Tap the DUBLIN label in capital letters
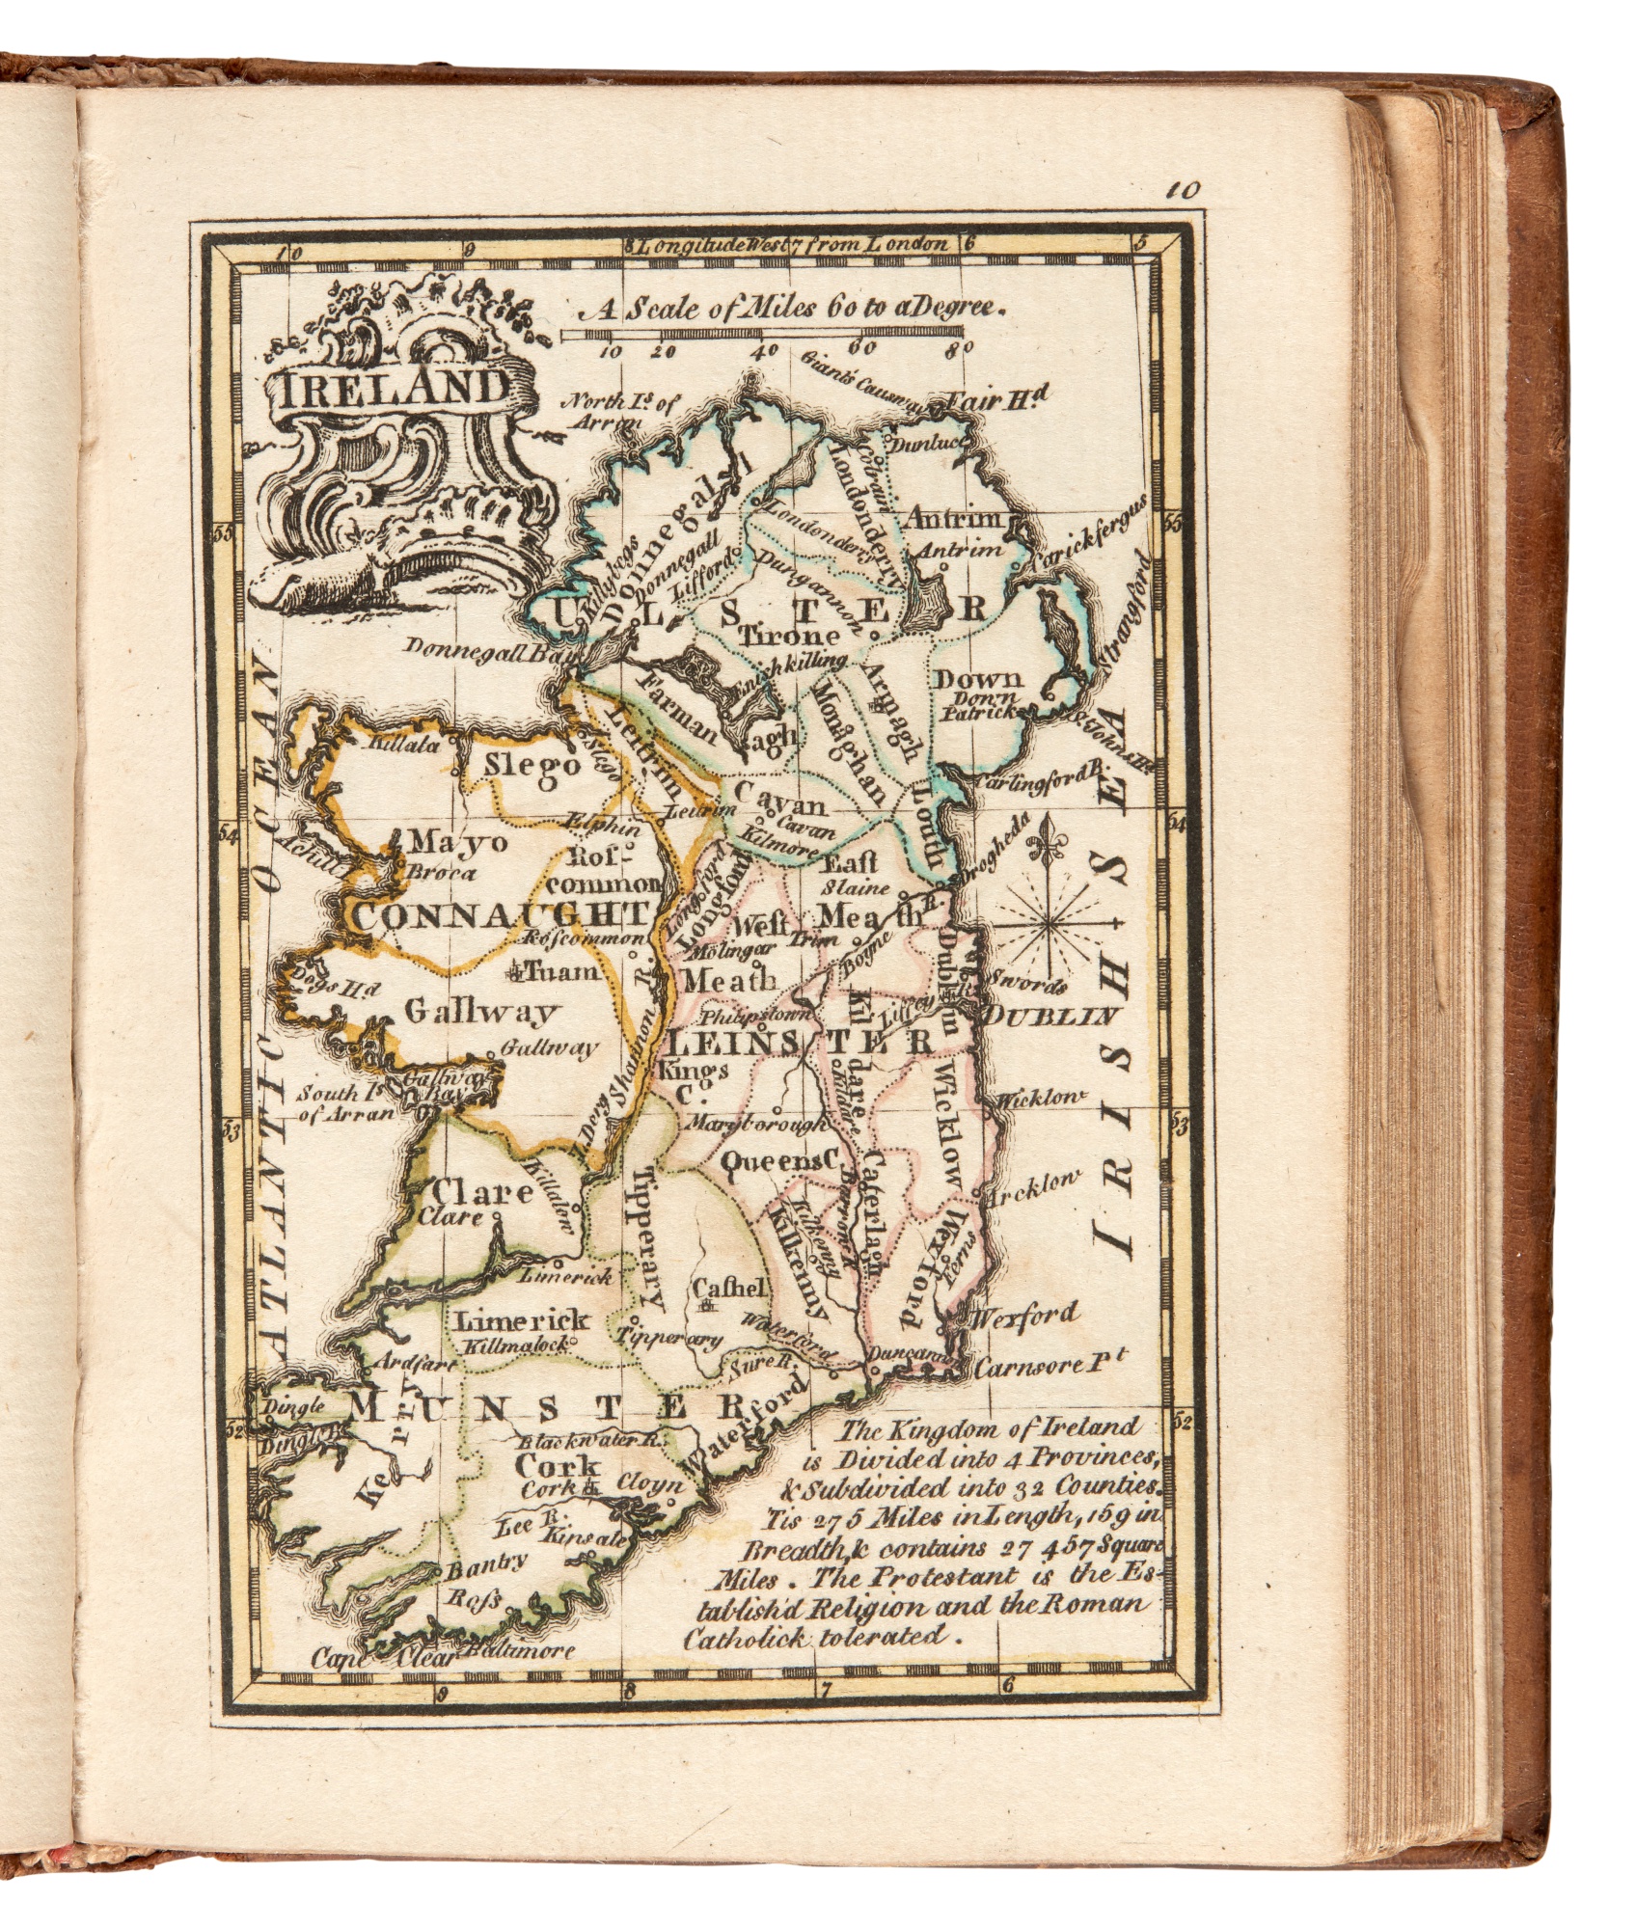click(x=1050, y=1016)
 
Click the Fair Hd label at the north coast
click(x=997, y=398)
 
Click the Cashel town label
click(x=730, y=1287)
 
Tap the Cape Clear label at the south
click(x=383, y=1657)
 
